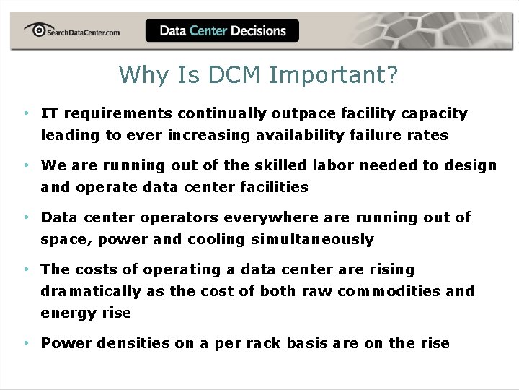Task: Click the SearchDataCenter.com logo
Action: tap(71, 30)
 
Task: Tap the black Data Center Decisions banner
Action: tap(222, 31)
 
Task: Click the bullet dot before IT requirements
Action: tap(25, 113)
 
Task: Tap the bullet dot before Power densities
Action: tap(25, 343)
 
